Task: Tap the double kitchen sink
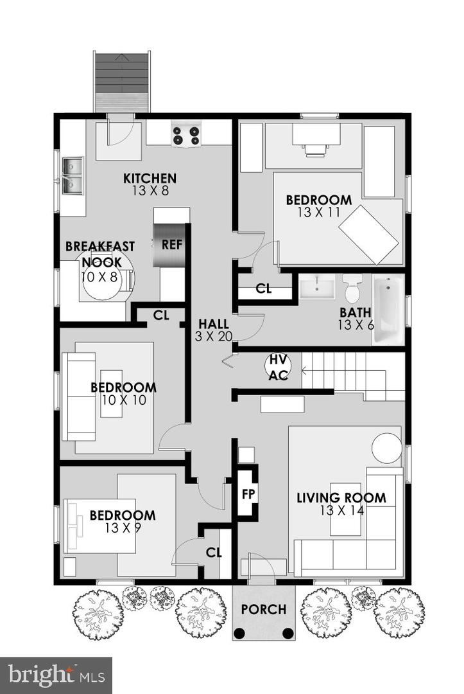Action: point(73,175)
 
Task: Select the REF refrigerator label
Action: point(171,244)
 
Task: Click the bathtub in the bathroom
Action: point(388,309)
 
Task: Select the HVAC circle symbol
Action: point(278,366)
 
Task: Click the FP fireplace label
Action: point(248,494)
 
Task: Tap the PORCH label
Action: point(264,609)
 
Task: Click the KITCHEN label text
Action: point(150,178)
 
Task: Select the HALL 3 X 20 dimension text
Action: point(214,335)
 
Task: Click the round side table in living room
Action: point(388,447)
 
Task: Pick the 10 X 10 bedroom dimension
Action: point(123,400)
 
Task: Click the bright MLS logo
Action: point(56,675)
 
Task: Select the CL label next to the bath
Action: point(264,289)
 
